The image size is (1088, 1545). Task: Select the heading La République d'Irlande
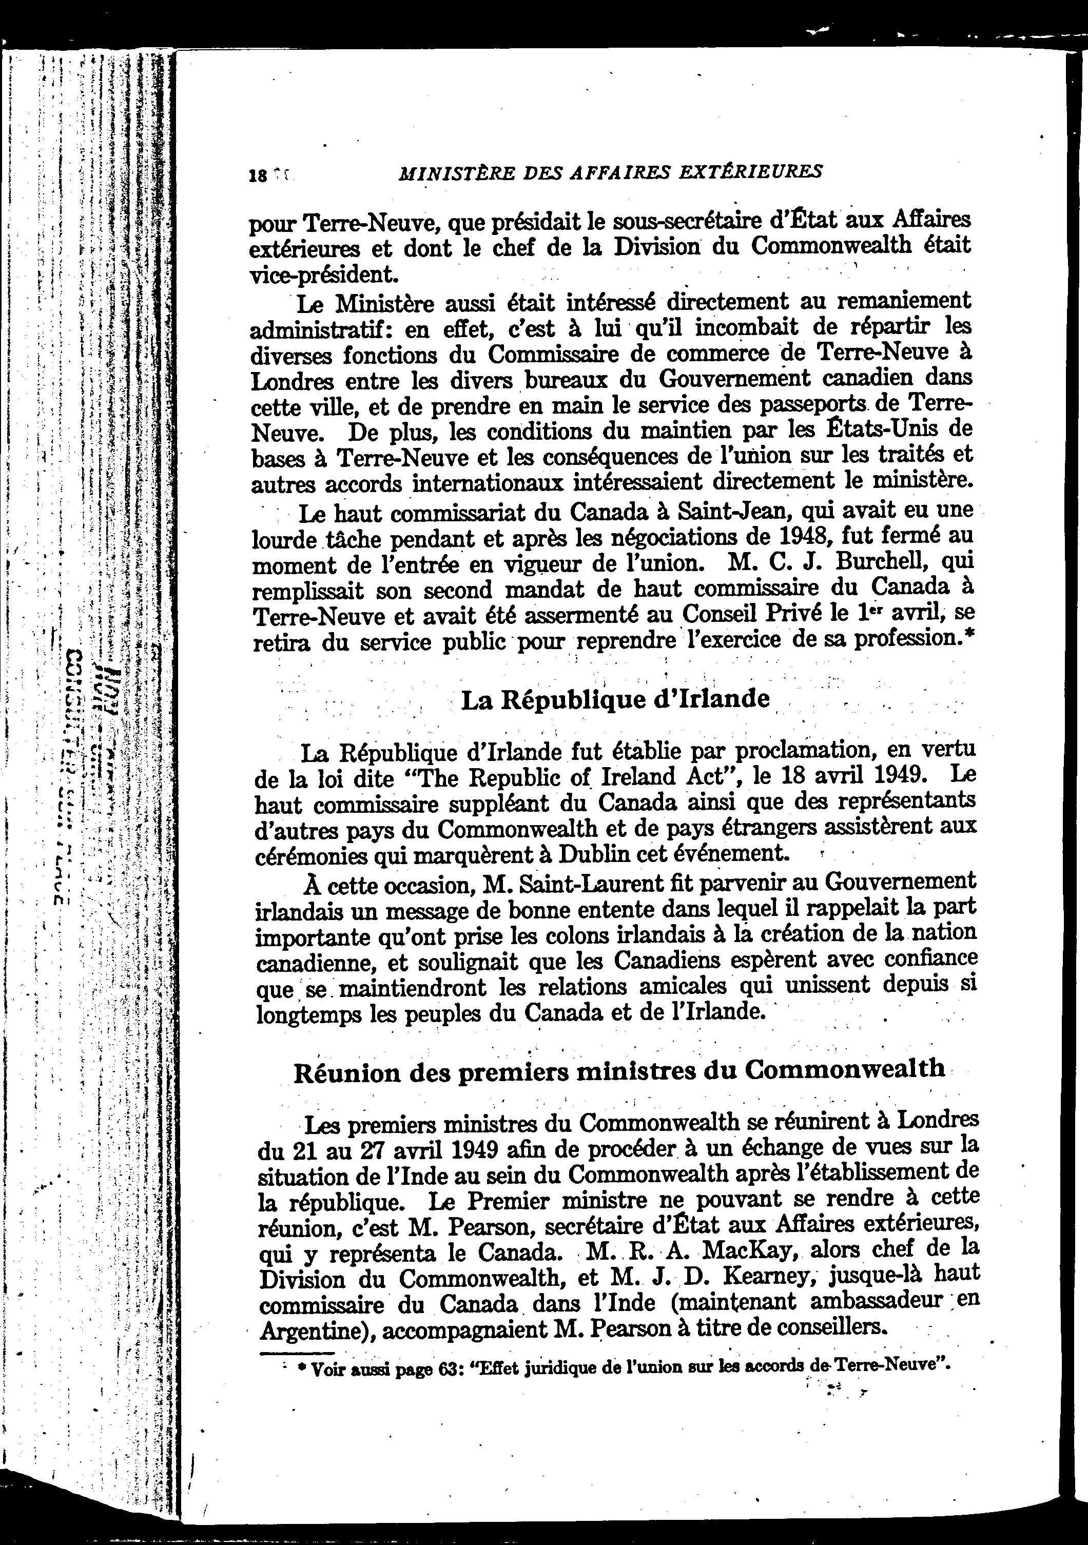click(x=615, y=700)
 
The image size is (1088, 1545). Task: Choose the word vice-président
click(x=320, y=275)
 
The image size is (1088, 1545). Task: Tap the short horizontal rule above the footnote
click(x=297, y=1352)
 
